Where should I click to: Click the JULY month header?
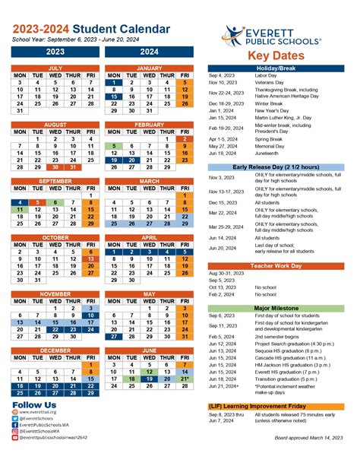point(55,68)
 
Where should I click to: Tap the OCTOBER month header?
point(55,237)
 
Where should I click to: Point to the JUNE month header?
point(149,350)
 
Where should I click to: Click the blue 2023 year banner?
point(55,52)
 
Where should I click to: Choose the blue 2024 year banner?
point(149,52)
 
